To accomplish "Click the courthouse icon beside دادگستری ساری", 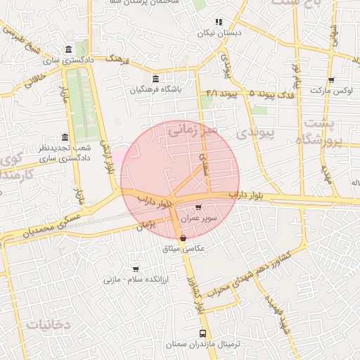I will click(x=67, y=50).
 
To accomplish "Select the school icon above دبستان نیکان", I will click(x=219, y=22).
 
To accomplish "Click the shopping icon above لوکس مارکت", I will click(x=330, y=80).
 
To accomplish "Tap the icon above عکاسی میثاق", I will click(x=184, y=239).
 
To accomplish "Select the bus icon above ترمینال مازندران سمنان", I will click(x=203, y=333).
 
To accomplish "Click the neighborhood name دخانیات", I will click(x=49, y=324).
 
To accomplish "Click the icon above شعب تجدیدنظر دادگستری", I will click(x=65, y=137).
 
